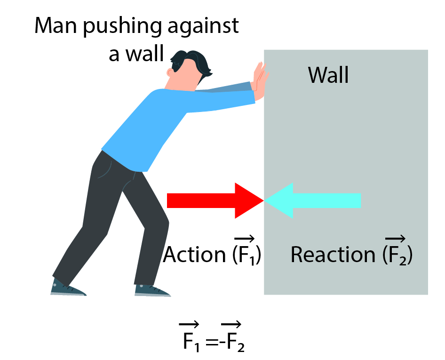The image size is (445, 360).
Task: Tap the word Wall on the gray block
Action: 328,75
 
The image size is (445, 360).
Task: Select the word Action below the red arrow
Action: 194,255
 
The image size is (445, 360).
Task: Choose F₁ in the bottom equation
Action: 190,340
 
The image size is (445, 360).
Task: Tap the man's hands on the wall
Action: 260,78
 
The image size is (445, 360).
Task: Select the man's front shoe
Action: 151,289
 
